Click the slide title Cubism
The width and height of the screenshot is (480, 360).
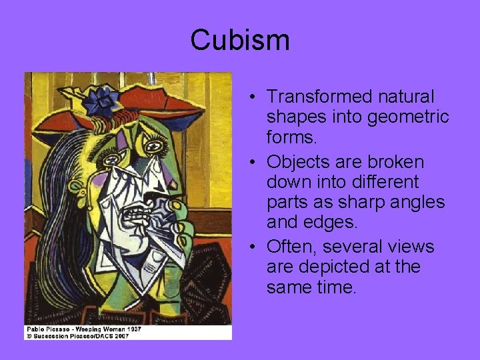(240, 40)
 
